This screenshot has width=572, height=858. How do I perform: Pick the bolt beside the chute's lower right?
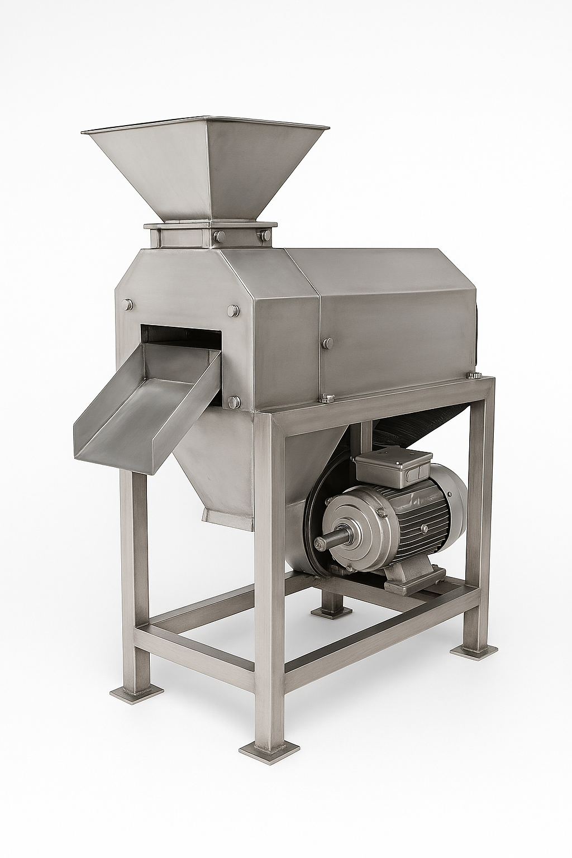235,401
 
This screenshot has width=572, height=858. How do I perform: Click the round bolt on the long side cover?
327,342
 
